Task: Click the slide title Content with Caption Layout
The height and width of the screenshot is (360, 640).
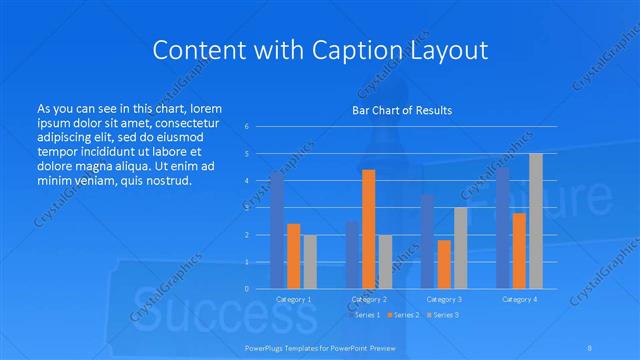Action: [x=319, y=49]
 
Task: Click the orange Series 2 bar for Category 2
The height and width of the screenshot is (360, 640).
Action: [x=368, y=229]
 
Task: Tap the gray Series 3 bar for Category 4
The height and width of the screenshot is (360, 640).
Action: [x=536, y=221]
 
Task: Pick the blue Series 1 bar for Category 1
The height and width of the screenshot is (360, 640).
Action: [x=277, y=230]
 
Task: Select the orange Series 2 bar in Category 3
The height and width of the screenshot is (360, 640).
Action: [x=444, y=264]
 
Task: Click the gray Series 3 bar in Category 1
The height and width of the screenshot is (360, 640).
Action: [x=310, y=262]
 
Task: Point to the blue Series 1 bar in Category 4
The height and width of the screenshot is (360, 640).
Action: [x=503, y=228]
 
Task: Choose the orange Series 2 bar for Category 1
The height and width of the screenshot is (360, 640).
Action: [x=293, y=256]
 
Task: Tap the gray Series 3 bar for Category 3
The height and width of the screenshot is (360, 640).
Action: [x=460, y=248]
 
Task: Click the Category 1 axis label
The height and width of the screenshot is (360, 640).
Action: [x=293, y=299]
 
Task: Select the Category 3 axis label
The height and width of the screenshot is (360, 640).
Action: [x=444, y=299]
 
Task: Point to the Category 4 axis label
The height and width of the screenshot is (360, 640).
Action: [x=519, y=299]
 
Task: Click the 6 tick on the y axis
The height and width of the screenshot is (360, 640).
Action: [x=247, y=127]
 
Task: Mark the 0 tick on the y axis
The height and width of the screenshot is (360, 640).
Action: [x=247, y=289]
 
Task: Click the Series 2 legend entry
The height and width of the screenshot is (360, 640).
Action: [x=404, y=315]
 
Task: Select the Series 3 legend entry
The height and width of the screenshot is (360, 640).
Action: [x=445, y=315]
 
